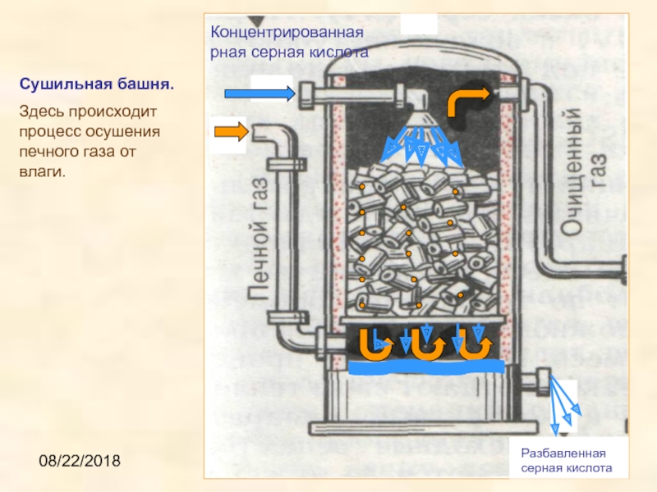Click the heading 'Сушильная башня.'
coord(97,84)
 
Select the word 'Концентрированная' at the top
coord(287,34)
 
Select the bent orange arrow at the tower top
coord(464,102)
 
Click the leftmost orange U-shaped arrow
coord(377,344)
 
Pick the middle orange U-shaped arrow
coord(426,344)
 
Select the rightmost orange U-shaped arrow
coord(476,344)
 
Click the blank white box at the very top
coord(418,23)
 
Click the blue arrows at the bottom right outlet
coord(566,406)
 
